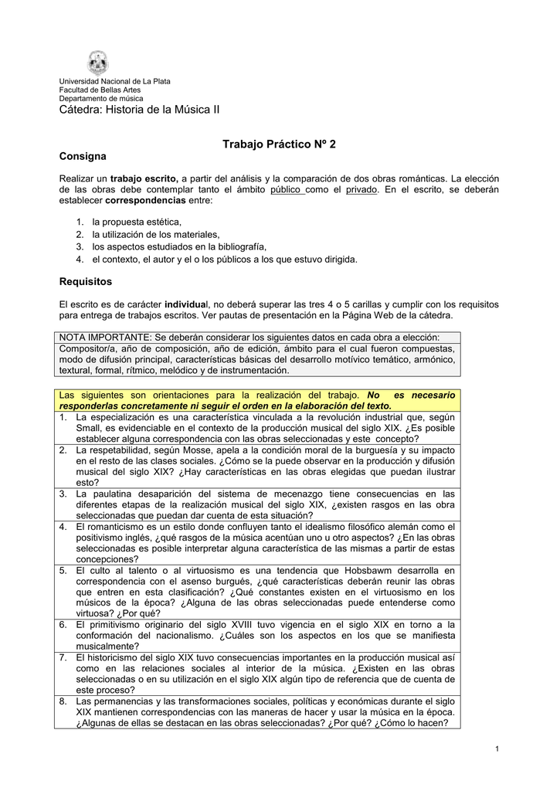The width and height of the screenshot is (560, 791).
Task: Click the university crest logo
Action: pos(98,63)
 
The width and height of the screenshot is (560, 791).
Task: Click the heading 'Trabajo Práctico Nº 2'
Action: pos(279,144)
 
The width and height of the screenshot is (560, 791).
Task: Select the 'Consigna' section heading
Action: pos(83,157)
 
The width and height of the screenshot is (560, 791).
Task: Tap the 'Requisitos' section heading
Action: pos(86,281)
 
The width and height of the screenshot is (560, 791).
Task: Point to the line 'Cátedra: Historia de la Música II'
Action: pos(140,110)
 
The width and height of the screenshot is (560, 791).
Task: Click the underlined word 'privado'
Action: pos(361,189)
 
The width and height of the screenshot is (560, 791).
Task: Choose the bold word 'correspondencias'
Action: pos(147,200)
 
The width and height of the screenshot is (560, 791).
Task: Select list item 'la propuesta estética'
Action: pos(137,222)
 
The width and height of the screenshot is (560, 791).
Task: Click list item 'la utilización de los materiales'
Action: pos(156,234)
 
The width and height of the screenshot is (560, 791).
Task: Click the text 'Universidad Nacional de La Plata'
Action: pos(115,81)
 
